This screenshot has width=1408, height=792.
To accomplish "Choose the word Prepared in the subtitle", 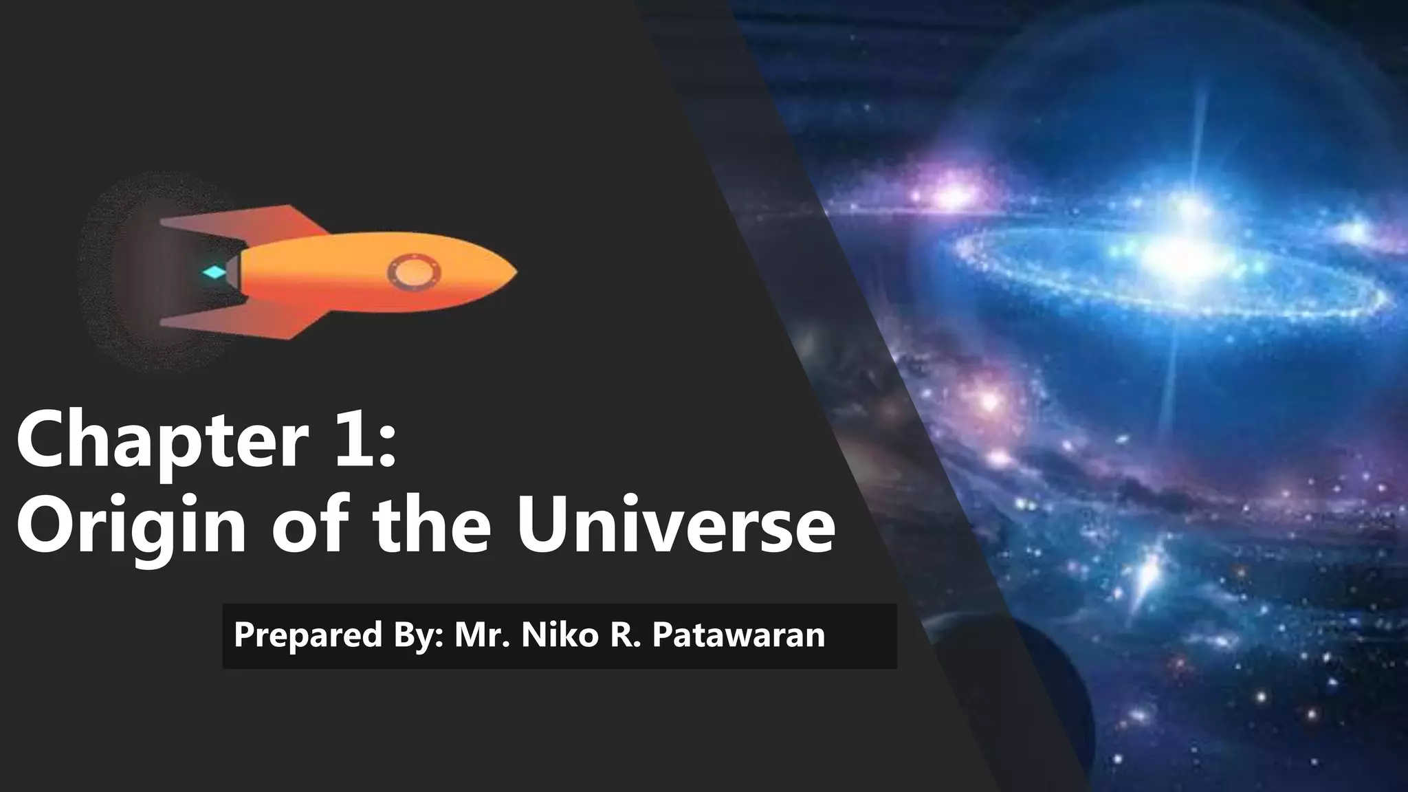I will tap(307, 635).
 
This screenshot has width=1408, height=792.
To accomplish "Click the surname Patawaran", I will tap(738, 635).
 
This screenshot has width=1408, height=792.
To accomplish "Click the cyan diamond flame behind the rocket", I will tap(214, 273).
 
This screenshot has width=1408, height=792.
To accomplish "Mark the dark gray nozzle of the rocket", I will tap(232, 272).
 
